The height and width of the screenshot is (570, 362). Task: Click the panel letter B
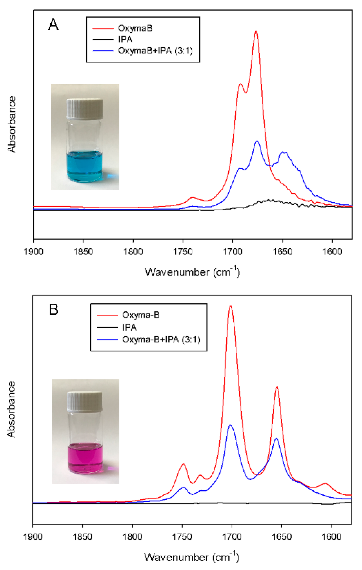click(x=53, y=309)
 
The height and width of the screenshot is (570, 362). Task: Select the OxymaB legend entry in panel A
click(x=135, y=28)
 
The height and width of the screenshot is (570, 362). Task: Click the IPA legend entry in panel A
click(x=125, y=39)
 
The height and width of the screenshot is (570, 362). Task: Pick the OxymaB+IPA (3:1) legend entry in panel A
click(x=155, y=51)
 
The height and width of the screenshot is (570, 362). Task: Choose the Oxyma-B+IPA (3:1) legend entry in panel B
click(x=161, y=339)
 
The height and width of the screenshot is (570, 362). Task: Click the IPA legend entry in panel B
click(x=129, y=327)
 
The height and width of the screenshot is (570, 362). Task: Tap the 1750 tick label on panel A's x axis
click(x=183, y=252)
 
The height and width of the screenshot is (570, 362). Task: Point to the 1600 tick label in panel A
click(x=332, y=252)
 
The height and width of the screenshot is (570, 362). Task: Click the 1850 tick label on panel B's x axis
click(x=83, y=536)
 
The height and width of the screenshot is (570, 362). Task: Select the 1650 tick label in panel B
click(x=281, y=536)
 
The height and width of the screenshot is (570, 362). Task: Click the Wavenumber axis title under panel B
click(x=191, y=557)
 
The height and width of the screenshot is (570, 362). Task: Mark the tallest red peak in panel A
click(x=256, y=31)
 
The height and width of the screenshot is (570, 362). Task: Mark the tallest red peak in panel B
click(x=230, y=306)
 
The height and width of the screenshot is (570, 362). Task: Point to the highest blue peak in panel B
click(x=230, y=425)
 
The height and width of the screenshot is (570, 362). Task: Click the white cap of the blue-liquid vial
click(x=85, y=109)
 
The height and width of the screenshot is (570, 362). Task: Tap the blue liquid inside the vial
click(x=85, y=166)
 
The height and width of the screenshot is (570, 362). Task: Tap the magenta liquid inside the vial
click(x=85, y=455)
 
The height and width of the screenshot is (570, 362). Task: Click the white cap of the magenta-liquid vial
click(x=85, y=401)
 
